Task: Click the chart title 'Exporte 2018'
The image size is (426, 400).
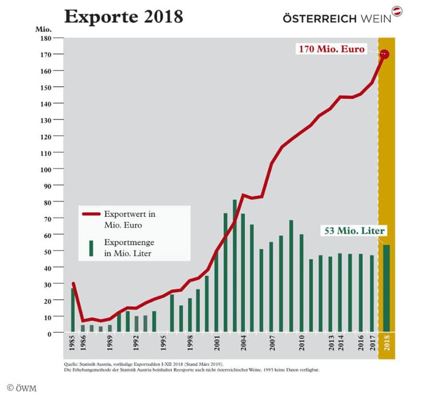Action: pyautogui.click(x=123, y=17)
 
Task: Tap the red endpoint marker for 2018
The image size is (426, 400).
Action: pyautogui.click(x=384, y=55)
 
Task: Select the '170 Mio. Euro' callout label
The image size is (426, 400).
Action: pyautogui.click(x=331, y=49)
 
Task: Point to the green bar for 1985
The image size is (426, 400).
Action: pyautogui.click(x=73, y=309)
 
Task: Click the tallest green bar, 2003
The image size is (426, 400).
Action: pyautogui.click(x=235, y=265)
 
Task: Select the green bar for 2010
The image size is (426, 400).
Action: pyautogui.click(x=301, y=282)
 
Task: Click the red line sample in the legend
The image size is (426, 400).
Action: pyautogui.click(x=91, y=215)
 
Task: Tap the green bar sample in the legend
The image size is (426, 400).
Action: pyautogui.click(x=91, y=248)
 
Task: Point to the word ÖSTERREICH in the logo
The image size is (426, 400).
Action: pyautogui.click(x=319, y=18)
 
